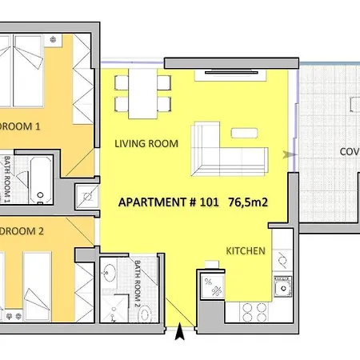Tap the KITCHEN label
pyautogui.click(x=245, y=251)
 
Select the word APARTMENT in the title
pyautogui.click(x=152, y=202)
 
